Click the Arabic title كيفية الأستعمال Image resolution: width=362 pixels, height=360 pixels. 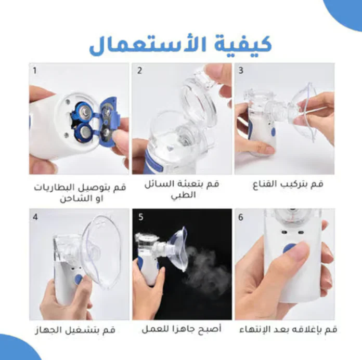(180, 45)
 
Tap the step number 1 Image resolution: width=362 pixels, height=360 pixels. (35, 71)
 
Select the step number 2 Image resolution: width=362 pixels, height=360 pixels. (139, 71)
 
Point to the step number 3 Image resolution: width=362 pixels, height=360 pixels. (241, 71)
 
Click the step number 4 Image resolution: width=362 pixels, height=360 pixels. (35, 217)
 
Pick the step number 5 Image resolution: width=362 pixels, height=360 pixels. (141, 217)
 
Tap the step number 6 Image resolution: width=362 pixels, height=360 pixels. (241, 217)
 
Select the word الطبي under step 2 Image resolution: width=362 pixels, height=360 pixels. (183, 195)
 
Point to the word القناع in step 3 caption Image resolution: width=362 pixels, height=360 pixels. (265, 184)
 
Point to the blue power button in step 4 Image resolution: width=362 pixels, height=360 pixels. (79, 279)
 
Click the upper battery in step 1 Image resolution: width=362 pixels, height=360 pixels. (84, 111)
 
